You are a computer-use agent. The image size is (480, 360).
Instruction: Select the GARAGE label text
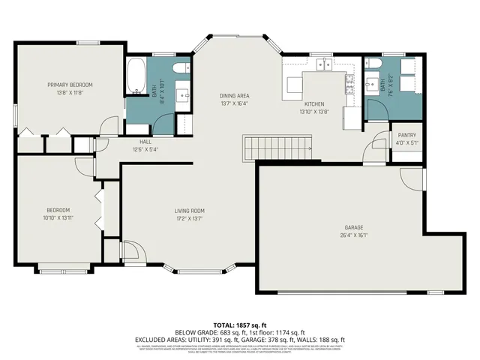(354, 227)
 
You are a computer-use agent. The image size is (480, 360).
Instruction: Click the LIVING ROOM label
(190, 211)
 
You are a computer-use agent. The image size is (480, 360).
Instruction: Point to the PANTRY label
(407, 136)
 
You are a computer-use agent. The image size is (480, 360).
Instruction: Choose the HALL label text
(145, 141)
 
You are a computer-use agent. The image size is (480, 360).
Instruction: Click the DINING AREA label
(234, 95)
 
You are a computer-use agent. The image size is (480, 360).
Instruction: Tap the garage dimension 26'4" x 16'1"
(354, 235)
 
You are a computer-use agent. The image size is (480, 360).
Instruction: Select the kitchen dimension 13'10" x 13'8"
(313, 111)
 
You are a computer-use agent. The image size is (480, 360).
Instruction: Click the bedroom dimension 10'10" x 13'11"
(58, 217)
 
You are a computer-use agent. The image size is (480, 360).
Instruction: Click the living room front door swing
(128, 250)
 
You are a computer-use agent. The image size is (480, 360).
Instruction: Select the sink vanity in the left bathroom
(182, 95)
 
